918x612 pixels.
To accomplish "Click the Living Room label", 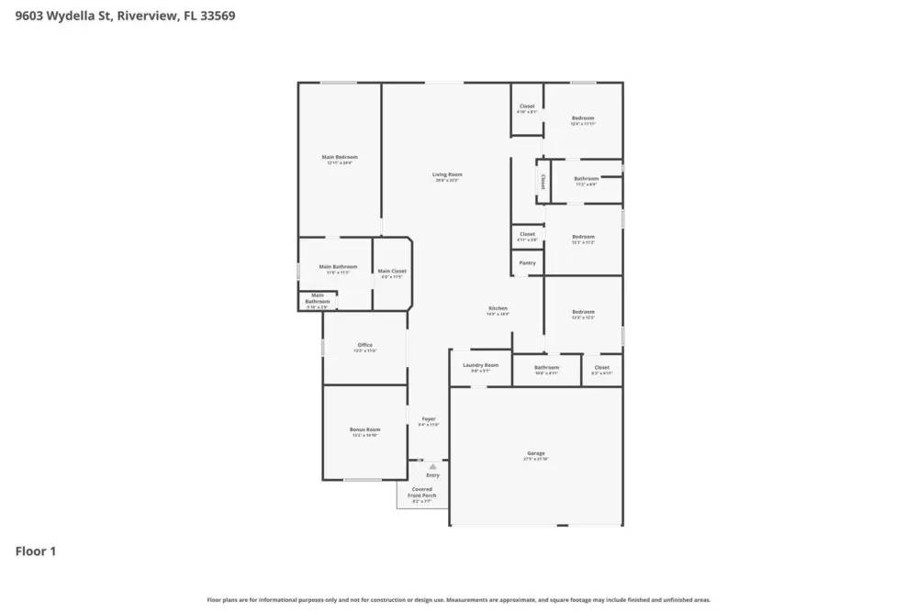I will tap(448, 174).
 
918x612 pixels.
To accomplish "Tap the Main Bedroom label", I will tap(340, 157).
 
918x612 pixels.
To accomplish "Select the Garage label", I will tap(536, 453).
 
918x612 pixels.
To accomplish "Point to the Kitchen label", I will tap(498, 308).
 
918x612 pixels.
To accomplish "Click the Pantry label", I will tap(527, 263).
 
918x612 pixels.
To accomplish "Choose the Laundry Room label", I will tap(480, 365).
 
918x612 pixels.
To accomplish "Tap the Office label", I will tap(364, 345).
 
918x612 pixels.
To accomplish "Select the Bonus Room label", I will tap(364, 429).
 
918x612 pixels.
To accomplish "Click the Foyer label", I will tap(429, 419).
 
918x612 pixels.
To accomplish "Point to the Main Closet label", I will tap(392, 271).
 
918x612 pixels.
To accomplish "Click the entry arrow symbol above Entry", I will tap(432, 466).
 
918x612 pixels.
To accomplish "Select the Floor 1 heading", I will tap(36, 551).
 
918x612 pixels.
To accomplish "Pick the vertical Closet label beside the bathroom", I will tap(542, 181).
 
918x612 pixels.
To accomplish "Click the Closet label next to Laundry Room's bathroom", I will tap(601, 367).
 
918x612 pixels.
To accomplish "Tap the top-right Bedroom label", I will tap(583, 118).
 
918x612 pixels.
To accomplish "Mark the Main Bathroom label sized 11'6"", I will tap(338, 267).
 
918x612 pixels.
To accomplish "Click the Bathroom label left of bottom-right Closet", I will tap(546, 367).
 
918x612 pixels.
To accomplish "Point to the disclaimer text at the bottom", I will tap(459, 599).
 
